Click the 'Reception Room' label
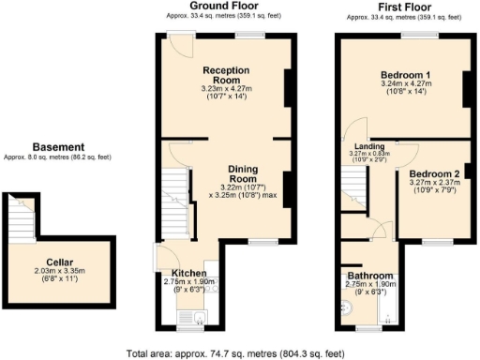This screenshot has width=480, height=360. click(224, 75)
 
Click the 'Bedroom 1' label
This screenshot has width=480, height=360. click(405, 75)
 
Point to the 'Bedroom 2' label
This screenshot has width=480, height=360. click(434, 173)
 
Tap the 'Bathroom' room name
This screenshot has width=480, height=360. click(371, 276)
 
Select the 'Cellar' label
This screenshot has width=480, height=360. click(60, 262)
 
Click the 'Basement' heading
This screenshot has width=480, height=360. click(58, 147)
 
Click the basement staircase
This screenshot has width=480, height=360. click(21, 220)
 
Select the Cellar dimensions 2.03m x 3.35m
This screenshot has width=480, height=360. click(60, 273)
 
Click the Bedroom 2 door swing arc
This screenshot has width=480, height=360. click(407, 153)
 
